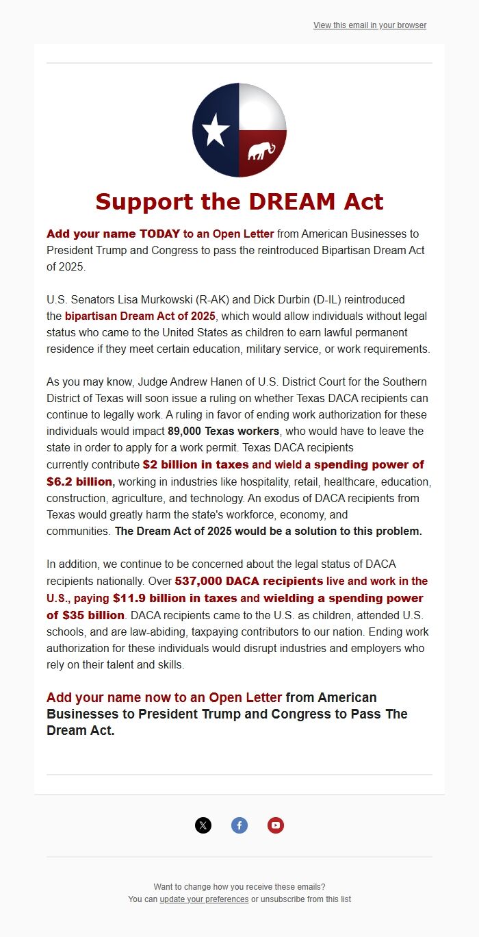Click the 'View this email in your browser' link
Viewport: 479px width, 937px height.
pos(370,25)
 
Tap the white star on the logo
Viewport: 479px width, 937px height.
pos(216,129)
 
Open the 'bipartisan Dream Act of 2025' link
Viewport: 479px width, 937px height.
pos(140,316)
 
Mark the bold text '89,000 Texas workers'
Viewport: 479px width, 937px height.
pos(224,431)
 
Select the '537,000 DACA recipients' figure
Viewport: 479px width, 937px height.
pos(249,581)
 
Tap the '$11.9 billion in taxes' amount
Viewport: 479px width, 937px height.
pos(174,598)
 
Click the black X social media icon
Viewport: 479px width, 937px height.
pos(203,825)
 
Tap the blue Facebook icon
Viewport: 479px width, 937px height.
pos(239,825)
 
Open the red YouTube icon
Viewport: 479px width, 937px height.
pos(276,825)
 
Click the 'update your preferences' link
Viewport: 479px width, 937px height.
pos(204,899)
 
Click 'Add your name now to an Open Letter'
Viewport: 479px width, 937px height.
pos(164,697)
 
